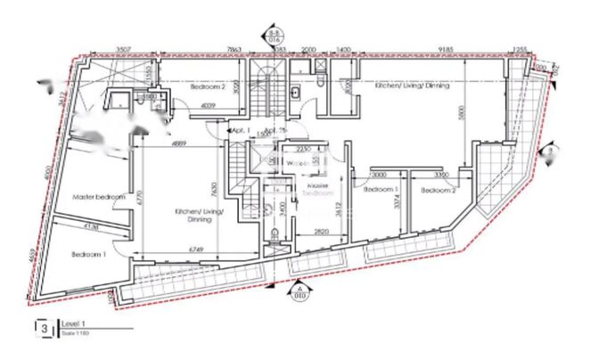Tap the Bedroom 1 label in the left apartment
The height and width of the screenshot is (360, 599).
click(x=89, y=254)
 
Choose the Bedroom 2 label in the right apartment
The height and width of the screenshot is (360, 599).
click(x=439, y=190)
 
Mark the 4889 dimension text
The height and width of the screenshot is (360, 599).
click(x=178, y=143)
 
